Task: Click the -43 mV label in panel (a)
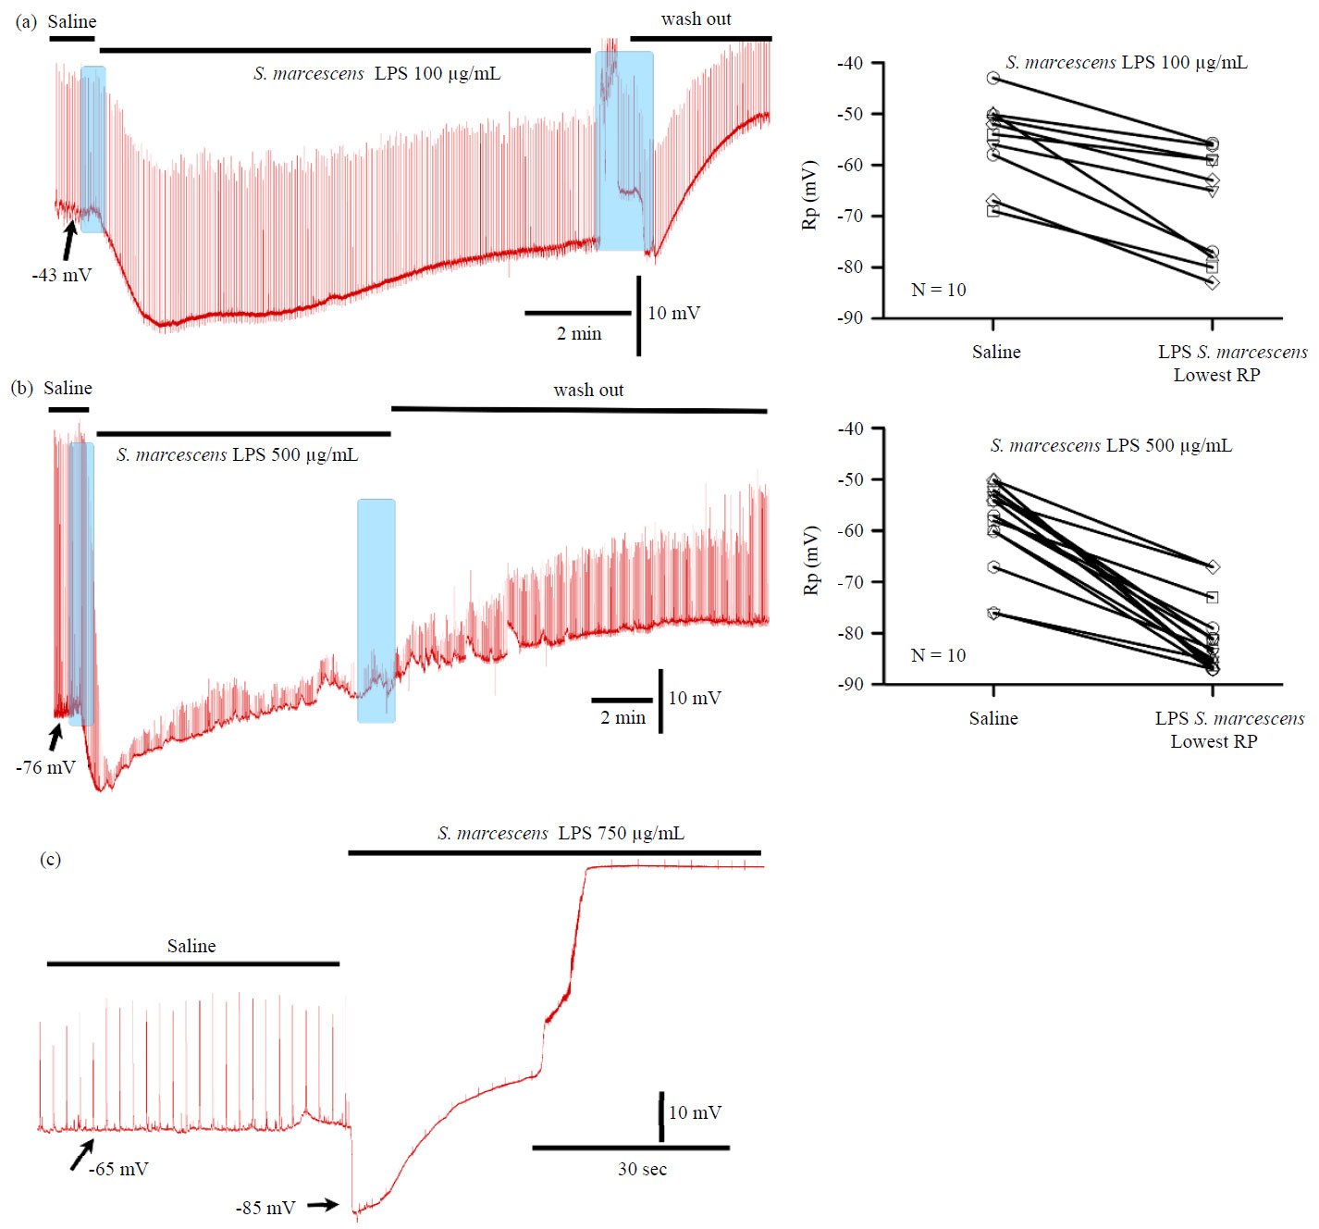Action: [x=62, y=275]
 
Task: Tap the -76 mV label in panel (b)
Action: [x=45, y=767]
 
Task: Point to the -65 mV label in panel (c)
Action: [x=118, y=1169]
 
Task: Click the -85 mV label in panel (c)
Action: [x=265, y=1208]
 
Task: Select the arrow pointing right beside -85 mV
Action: [x=323, y=1205]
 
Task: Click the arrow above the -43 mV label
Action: [x=69, y=240]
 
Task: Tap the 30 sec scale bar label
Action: [x=642, y=1169]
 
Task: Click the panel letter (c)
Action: [x=50, y=859]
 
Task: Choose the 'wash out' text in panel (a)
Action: [x=696, y=19]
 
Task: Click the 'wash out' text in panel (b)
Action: [x=588, y=390]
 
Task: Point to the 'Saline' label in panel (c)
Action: [x=191, y=946]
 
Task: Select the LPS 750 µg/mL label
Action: [x=561, y=833]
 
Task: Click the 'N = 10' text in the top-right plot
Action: [x=938, y=290]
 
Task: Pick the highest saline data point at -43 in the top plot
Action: [x=992, y=78]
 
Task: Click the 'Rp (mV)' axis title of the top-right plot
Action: [x=810, y=195]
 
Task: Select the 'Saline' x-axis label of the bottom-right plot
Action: [x=993, y=718]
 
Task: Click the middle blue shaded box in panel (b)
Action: [x=376, y=611]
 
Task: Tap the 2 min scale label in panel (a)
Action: [x=579, y=333]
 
